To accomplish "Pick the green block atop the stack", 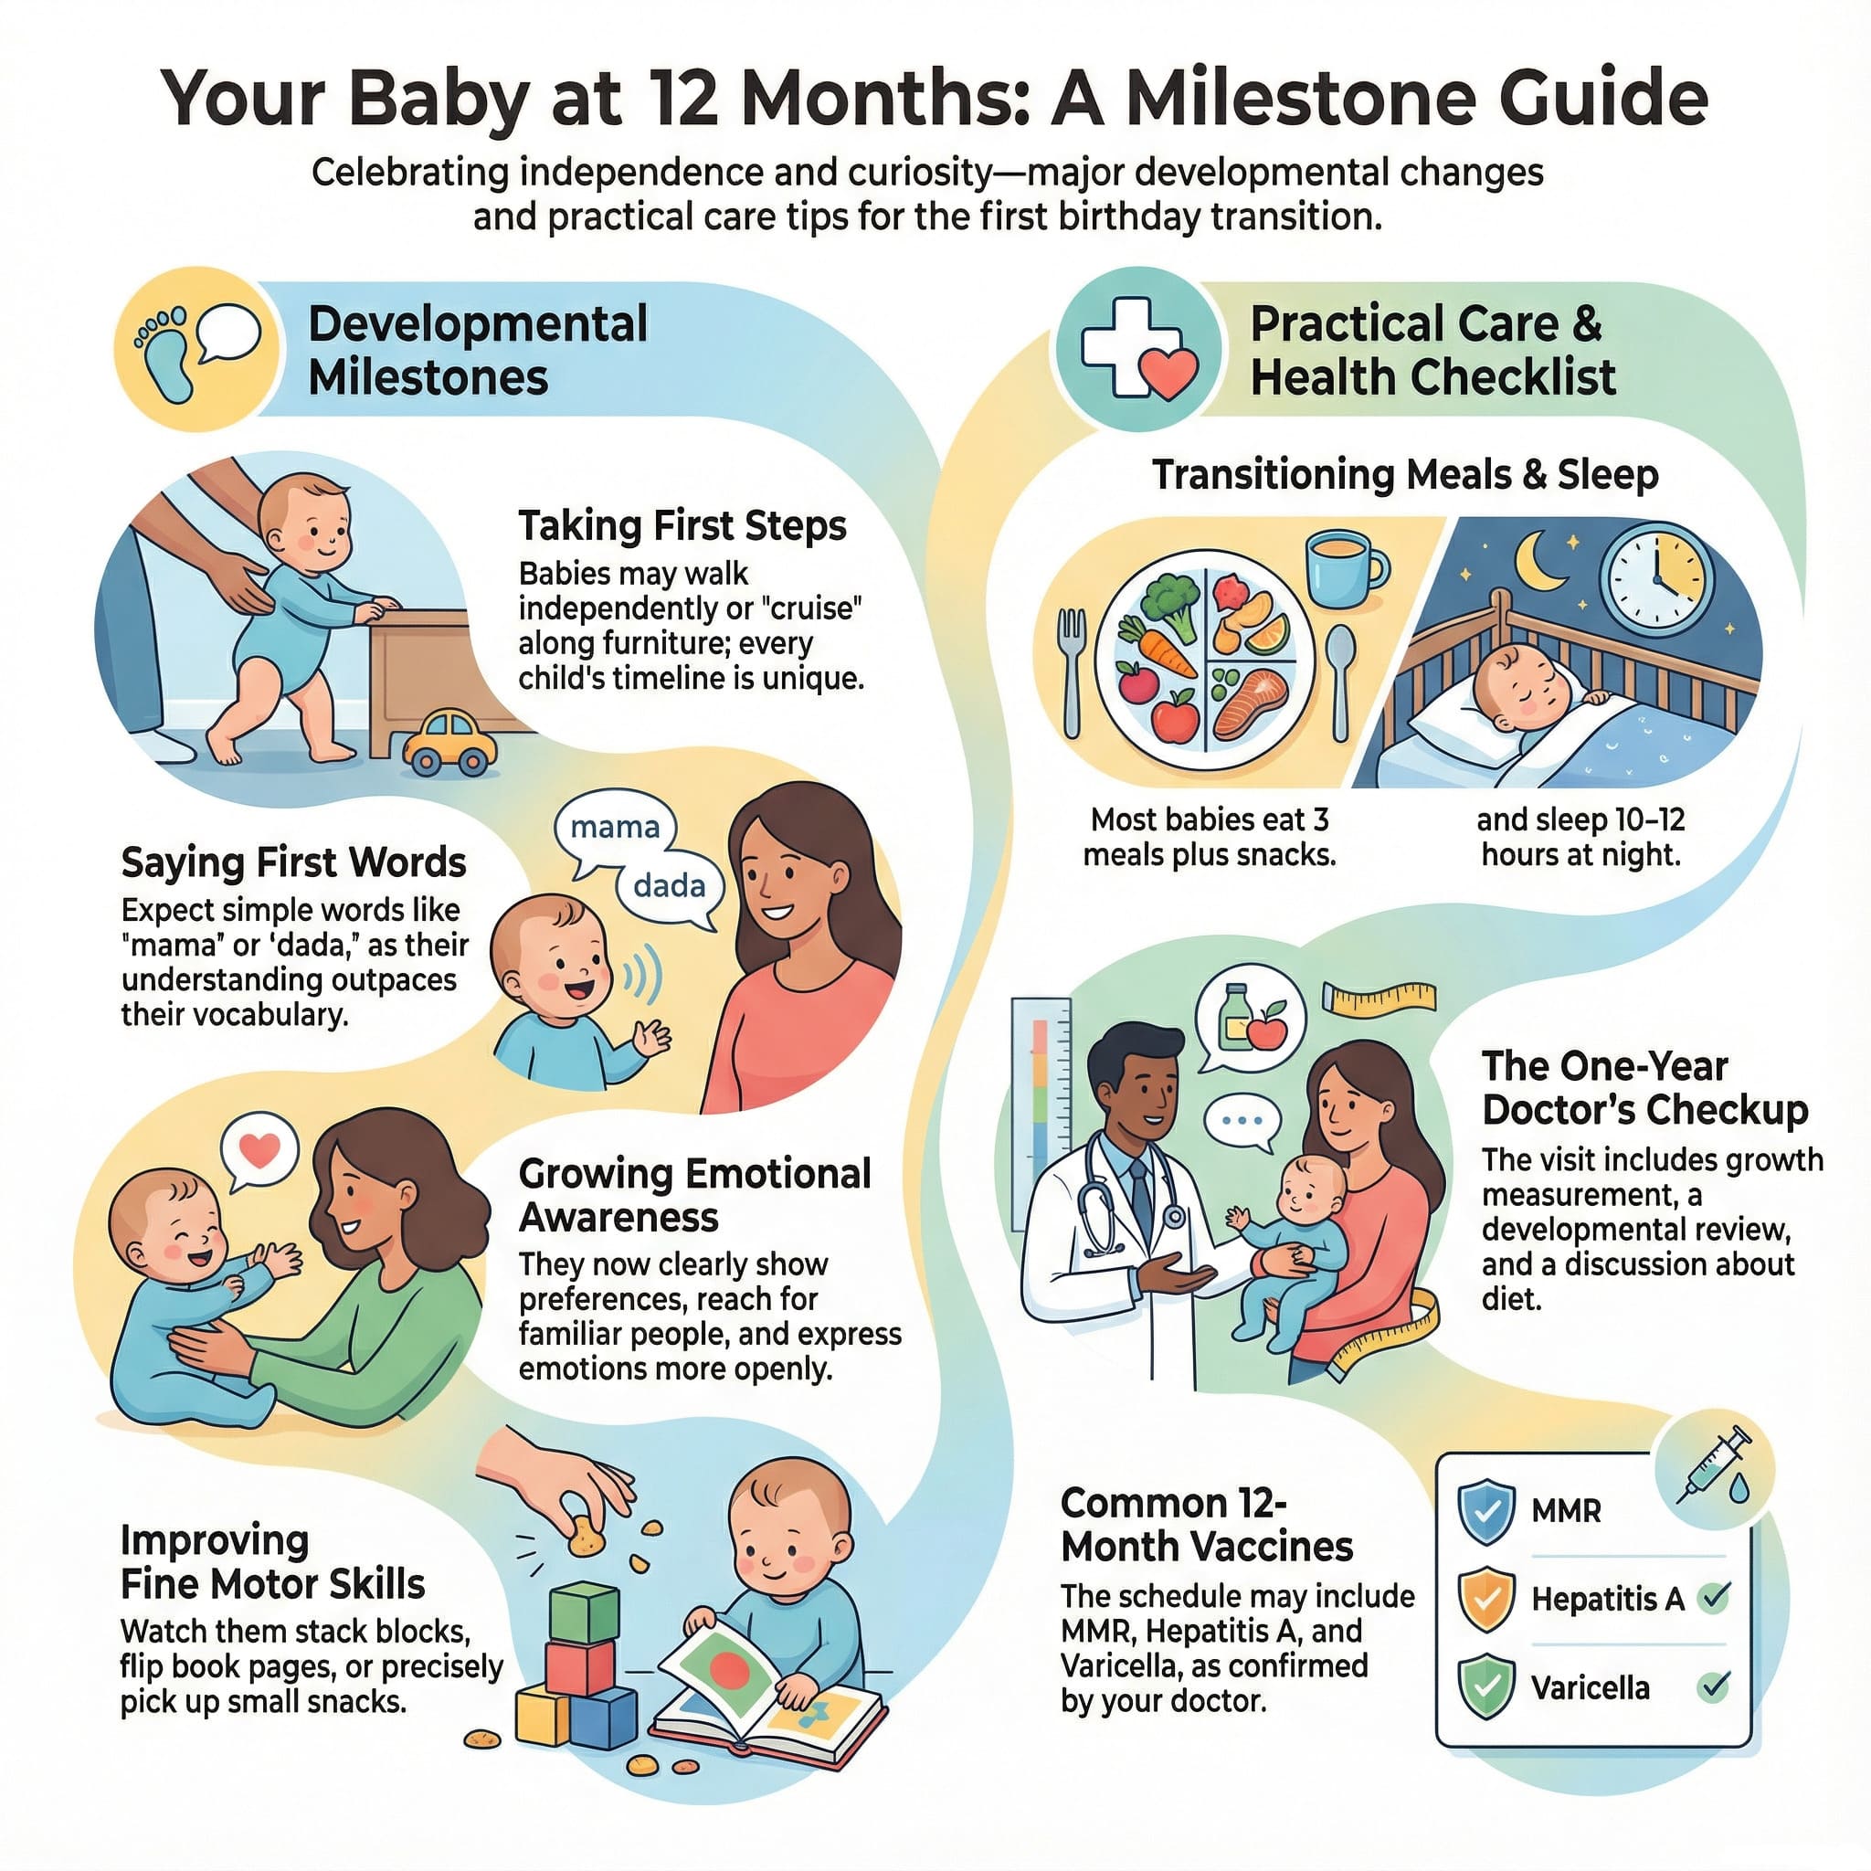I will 584,1612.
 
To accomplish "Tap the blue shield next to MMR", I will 1486,1511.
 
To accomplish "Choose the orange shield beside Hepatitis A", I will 1486,1599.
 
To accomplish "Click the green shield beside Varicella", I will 1486,1688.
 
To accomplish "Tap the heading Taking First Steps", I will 682,526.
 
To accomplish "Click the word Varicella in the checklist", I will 1591,1688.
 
